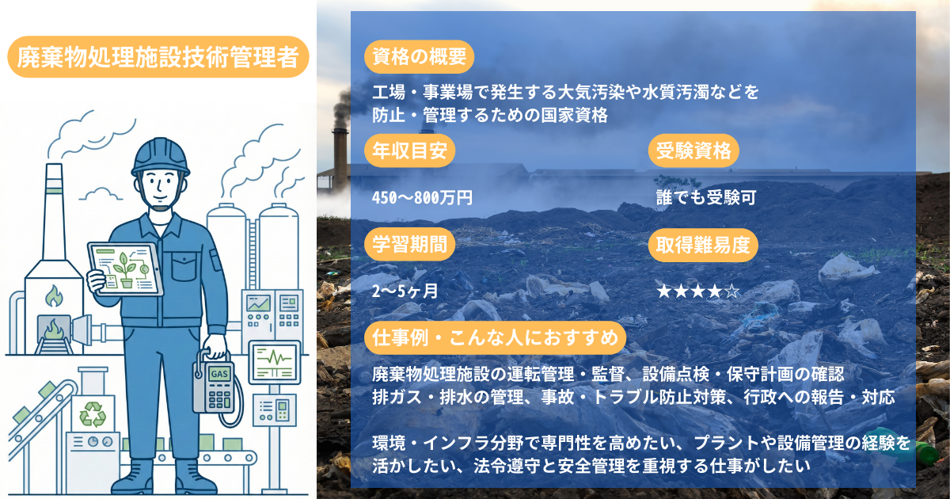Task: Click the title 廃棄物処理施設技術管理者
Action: [x=158, y=57]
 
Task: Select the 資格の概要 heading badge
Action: [x=419, y=57]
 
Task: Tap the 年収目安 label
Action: [x=410, y=150]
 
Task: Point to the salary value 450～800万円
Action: [x=422, y=198]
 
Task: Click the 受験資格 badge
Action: [x=693, y=150]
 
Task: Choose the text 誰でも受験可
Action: [x=706, y=198]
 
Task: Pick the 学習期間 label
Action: [x=410, y=245]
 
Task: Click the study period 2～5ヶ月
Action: [x=405, y=291]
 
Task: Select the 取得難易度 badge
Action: [x=703, y=245]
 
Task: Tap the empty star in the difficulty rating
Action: [x=731, y=291]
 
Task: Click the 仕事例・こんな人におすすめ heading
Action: [x=495, y=338]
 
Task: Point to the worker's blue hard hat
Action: [x=160, y=157]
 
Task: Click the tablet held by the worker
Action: [x=125, y=269]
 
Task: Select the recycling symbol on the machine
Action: [x=93, y=414]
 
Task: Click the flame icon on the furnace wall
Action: [x=54, y=295]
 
